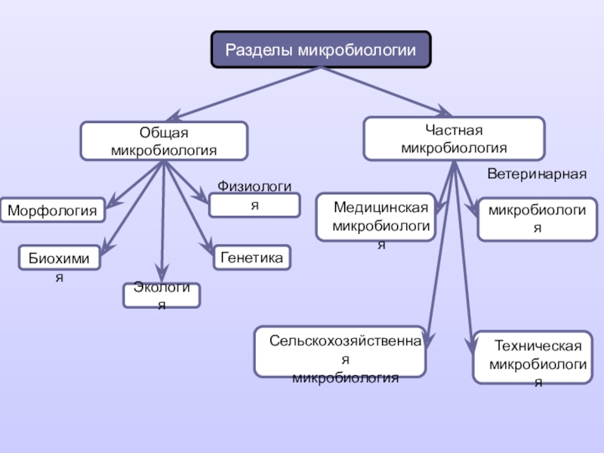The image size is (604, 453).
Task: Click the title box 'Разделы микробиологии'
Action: [321, 49]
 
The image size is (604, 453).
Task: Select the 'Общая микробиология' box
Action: [164, 141]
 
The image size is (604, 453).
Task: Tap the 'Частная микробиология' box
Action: [454, 139]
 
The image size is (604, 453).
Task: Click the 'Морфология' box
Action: [53, 211]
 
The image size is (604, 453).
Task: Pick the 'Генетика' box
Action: [252, 257]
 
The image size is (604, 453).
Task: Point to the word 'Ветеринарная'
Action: [537, 174]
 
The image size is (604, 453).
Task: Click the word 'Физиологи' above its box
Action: [254, 186]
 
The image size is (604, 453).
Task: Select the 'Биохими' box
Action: [60, 257]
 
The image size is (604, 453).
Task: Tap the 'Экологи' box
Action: [162, 295]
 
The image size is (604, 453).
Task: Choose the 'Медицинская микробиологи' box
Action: [376, 217]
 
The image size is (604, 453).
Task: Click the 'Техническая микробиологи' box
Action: [532, 357]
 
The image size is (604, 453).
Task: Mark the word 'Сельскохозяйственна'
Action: [345, 341]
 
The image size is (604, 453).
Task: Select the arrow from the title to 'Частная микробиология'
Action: [387, 91]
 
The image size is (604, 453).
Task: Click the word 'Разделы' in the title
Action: [257, 50]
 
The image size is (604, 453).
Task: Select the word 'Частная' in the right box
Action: [454, 130]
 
